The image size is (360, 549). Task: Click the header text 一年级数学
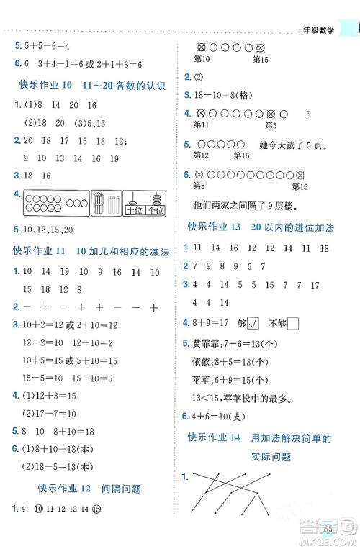(x=318, y=30)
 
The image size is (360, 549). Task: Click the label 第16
(x=241, y=155)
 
